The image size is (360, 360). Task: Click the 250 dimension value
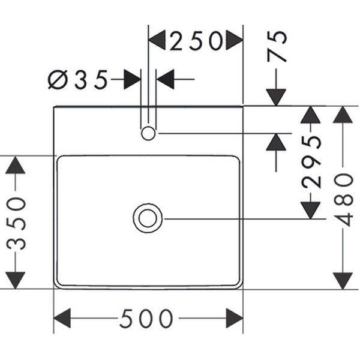coord(196,41)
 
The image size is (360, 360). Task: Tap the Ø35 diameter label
coord(78,79)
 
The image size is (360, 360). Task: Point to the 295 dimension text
coord(311,162)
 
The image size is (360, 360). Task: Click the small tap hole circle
coord(148,133)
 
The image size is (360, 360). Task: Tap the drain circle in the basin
coord(148,218)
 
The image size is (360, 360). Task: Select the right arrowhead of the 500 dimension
coord(234,319)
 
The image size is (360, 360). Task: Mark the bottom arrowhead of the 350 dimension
coord(16,280)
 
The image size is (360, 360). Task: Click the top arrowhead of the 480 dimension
coord(343,115)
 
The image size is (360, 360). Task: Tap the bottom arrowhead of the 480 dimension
coord(343,280)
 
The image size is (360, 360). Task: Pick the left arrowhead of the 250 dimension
coord(157,41)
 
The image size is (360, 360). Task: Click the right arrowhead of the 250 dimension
coord(234,41)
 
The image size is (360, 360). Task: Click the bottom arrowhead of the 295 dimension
coord(310,209)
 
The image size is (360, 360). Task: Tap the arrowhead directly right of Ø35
coord(166,79)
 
